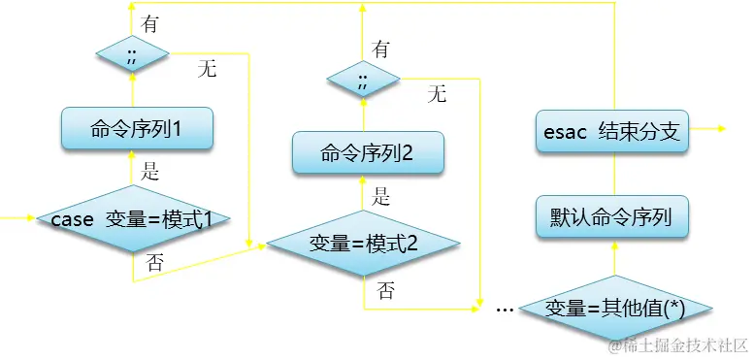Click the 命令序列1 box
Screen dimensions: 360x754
pos(137,129)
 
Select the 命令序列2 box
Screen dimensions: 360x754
pos(368,152)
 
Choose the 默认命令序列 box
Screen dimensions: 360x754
pos(612,217)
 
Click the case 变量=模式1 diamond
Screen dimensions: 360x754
pos(132,219)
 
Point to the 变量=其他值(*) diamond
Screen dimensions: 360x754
pos(615,308)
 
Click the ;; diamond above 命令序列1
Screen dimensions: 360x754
pos(132,53)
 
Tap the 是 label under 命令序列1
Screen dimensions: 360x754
pos(150,174)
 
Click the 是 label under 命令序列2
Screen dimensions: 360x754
pos(381,197)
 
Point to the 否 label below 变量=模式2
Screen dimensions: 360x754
pos(386,288)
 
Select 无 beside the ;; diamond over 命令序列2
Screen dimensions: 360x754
pos(438,93)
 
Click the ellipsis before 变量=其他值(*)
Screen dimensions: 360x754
pos(505,309)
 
